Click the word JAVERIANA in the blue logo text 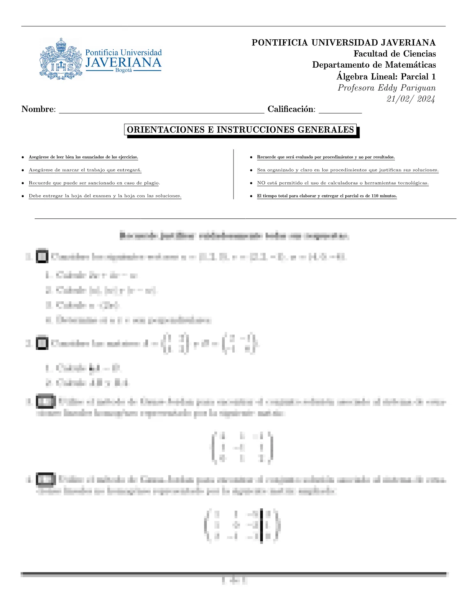pyautogui.click(x=123, y=63)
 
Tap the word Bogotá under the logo pyautogui.click(x=123, y=71)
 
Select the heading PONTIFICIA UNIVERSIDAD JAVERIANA pyautogui.click(x=343, y=42)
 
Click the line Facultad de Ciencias pyautogui.click(x=395, y=54)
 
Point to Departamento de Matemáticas pyautogui.click(x=374, y=65)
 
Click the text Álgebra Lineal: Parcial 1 pyautogui.click(x=386, y=76)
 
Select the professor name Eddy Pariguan pyautogui.click(x=406, y=88)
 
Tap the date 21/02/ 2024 pyautogui.click(x=411, y=99)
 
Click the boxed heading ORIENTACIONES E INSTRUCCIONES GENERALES pyautogui.click(x=240, y=130)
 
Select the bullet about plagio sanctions pyautogui.click(x=94, y=183)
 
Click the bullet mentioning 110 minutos pyautogui.click(x=327, y=196)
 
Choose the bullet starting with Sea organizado pyautogui.click(x=348, y=170)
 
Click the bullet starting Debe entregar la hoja pyautogui.click(x=105, y=196)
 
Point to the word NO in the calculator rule pyautogui.click(x=261, y=183)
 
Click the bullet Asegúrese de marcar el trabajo pyautogui.click(x=85, y=170)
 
